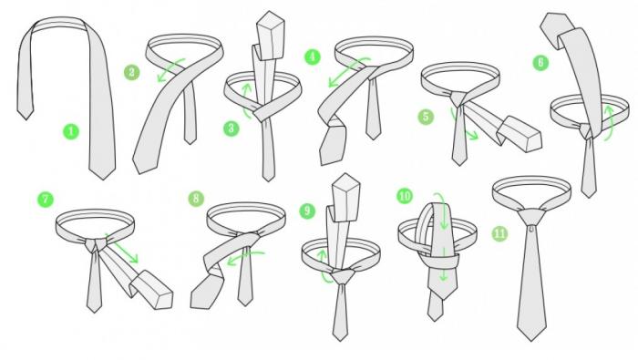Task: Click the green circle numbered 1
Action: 71,131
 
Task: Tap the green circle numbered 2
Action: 132,72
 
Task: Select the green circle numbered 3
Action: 232,129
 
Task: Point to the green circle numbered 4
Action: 312,57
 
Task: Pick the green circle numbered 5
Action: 426,117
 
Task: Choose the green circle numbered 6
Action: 540,62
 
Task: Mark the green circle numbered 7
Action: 46,200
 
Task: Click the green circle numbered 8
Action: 196,199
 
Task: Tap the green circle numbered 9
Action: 307,211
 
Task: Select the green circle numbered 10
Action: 405,196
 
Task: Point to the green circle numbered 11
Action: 500,233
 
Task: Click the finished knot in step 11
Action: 531,217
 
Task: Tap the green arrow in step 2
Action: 170,69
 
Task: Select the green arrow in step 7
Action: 123,248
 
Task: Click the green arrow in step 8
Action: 245,257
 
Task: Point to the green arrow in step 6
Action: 609,123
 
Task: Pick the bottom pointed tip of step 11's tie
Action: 531,341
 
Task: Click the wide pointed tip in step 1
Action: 102,180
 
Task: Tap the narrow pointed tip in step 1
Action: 26,119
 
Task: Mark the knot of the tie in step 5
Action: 458,98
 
